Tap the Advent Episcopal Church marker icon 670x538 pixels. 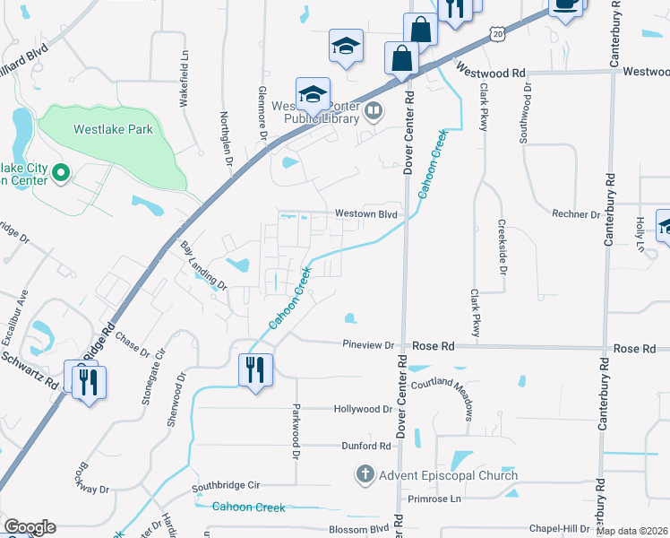click(365, 474)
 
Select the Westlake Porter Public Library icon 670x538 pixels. click(374, 113)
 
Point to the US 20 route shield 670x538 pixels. click(497, 32)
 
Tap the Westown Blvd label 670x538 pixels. click(365, 214)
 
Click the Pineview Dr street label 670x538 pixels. click(369, 345)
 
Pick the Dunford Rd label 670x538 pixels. click(366, 446)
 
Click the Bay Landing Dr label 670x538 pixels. click(203, 265)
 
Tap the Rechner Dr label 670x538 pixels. click(576, 215)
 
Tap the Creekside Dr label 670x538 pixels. click(502, 246)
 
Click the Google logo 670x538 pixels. click(30, 526)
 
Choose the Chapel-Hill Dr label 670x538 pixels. click(558, 529)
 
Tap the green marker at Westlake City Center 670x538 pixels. click(61, 172)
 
